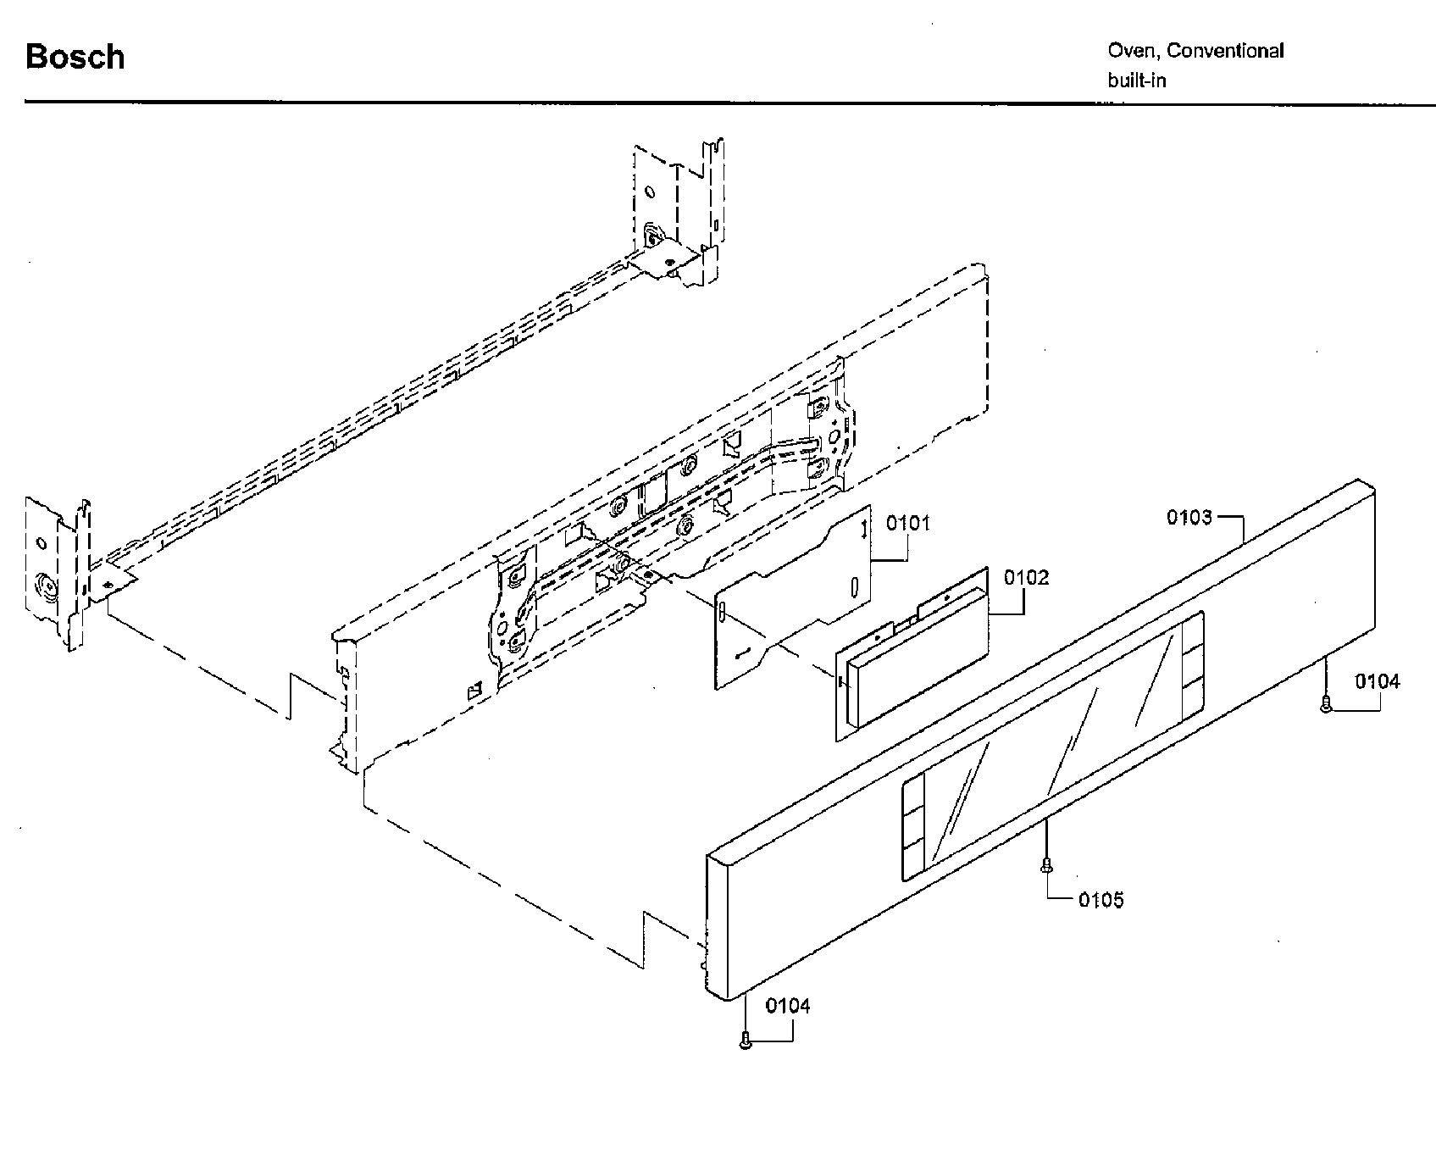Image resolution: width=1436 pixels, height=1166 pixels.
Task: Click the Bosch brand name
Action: click(75, 57)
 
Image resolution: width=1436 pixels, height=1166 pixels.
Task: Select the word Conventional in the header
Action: click(1225, 51)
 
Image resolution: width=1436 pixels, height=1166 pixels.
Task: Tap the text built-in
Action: click(1136, 81)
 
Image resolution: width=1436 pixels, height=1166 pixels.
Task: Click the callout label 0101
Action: click(908, 523)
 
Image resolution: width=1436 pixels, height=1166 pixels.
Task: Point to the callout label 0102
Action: click(1026, 577)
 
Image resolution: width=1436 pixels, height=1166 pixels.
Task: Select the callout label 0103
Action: click(1189, 517)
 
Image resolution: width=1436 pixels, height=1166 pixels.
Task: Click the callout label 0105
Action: click(1101, 900)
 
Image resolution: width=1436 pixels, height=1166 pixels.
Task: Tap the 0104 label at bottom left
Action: click(788, 1006)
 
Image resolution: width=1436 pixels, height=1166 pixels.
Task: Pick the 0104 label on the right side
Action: click(1377, 680)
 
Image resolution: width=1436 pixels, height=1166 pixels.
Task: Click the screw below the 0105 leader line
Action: click(1047, 865)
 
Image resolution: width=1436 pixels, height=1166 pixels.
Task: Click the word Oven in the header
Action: click(1133, 51)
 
